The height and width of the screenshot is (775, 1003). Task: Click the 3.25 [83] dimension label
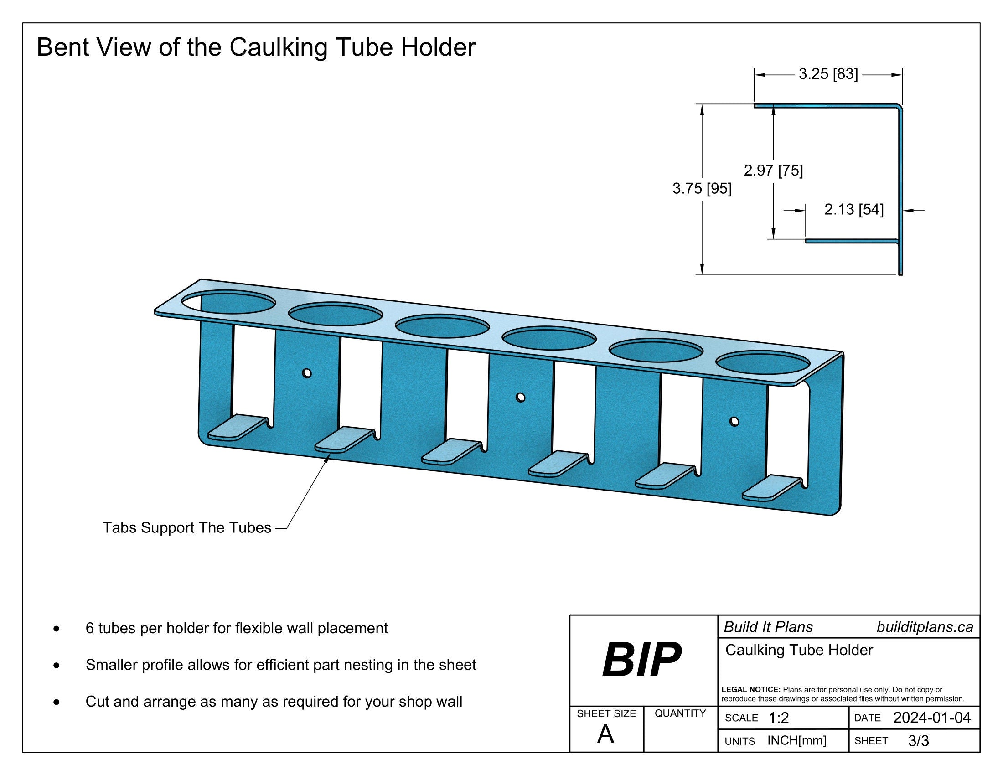[828, 74]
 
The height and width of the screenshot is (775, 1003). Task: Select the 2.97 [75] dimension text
[773, 171]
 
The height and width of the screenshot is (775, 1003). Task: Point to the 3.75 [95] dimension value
[702, 188]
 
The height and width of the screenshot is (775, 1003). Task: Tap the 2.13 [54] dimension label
[854, 210]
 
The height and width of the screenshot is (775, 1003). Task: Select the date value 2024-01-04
[932, 718]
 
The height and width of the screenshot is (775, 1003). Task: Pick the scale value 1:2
[778, 718]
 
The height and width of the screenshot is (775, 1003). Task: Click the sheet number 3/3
[919, 740]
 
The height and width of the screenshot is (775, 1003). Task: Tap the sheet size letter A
[605, 734]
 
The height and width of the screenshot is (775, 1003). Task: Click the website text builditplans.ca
[925, 627]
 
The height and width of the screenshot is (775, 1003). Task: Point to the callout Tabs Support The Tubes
[187, 527]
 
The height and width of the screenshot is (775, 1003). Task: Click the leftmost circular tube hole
[228, 302]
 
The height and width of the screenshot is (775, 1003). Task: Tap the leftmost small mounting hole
[307, 373]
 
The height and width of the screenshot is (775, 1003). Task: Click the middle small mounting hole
[520, 397]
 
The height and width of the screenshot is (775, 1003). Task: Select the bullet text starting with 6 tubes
[237, 628]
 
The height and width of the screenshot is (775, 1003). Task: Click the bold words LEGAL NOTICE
[751, 690]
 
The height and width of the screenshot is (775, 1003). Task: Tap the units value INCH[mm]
[797, 740]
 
